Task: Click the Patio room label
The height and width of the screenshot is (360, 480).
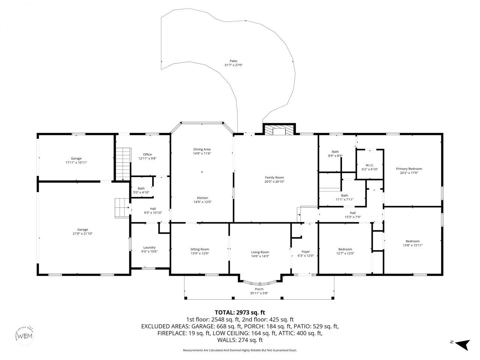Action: [233, 61]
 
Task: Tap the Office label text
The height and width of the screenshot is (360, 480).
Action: [147, 154]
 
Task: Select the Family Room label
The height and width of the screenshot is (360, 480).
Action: [274, 177]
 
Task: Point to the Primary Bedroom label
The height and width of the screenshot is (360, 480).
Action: [409, 169]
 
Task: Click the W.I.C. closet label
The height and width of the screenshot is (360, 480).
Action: [370, 165]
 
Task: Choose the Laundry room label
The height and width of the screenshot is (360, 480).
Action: [149, 247]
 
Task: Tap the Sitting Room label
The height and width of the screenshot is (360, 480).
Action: [199, 249]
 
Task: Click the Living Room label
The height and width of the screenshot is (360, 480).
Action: [260, 252]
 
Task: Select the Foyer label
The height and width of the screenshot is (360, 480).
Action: [306, 251]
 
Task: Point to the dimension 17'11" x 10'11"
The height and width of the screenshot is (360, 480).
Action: [76, 162]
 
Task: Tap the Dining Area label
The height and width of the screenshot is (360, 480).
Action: [202, 149]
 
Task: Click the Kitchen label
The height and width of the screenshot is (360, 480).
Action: [202, 198]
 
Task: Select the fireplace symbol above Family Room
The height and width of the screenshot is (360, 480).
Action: [279, 129]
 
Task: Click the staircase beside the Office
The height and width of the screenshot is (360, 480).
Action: [123, 163]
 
